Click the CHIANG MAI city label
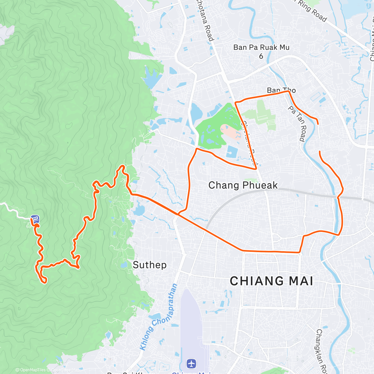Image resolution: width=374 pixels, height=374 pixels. coord(271,281)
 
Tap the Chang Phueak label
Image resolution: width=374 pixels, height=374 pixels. coord(243,185)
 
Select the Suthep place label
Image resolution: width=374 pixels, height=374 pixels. coord(150,265)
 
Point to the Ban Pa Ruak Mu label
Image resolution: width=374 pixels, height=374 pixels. coord(261,47)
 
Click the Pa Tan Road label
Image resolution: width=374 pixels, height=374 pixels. coord(297,123)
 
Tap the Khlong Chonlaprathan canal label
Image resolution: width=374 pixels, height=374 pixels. coord(159,316)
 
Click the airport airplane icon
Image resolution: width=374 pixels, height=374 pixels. coord(191,363)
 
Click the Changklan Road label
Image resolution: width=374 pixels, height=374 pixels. coord(321,351)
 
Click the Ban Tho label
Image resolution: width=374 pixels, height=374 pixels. coord(281,90)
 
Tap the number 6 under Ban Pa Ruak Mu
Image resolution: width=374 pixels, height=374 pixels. coord(261,56)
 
